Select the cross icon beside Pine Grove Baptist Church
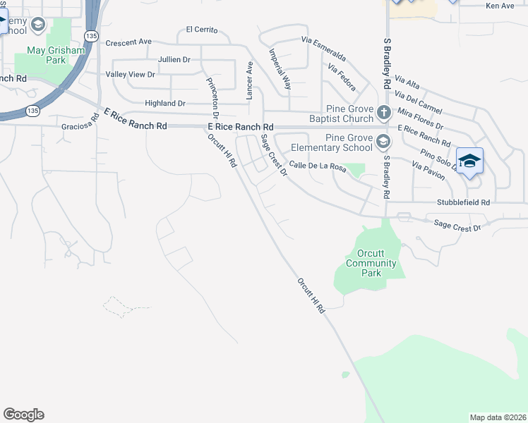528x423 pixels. tap(383, 112)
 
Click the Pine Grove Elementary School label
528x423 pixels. tap(349, 142)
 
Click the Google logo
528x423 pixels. tap(23, 415)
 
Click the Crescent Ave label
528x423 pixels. tap(128, 42)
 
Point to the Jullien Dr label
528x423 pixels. tap(174, 60)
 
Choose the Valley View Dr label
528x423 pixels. tap(130, 74)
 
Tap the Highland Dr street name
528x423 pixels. tap(164, 103)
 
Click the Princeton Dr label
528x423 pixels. tap(212, 97)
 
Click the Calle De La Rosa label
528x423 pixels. tap(316, 167)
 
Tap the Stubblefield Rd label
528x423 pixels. tap(462, 202)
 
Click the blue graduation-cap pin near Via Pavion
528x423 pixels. tap(469, 163)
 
